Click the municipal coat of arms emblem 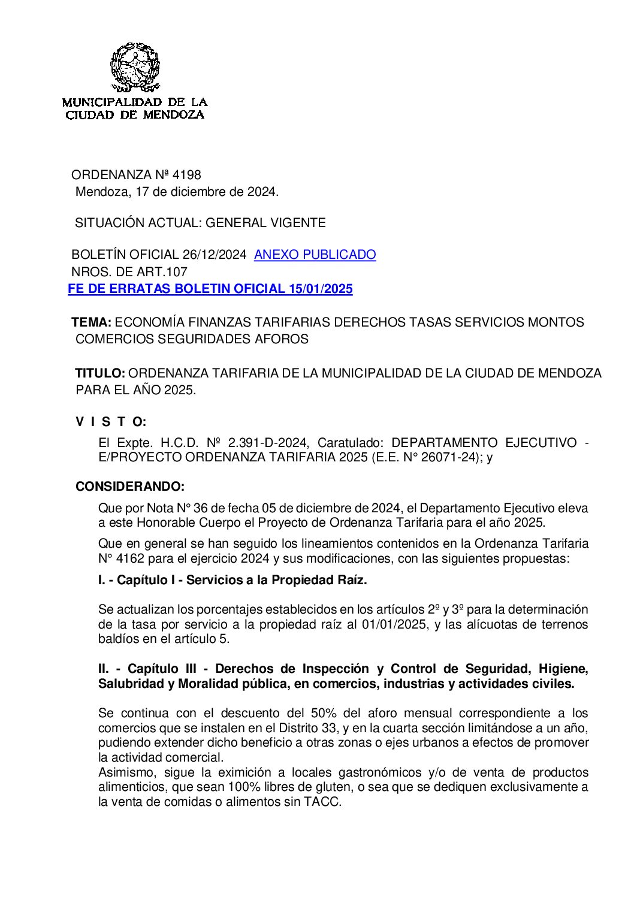click(x=135, y=67)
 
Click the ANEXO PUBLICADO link click(x=315, y=255)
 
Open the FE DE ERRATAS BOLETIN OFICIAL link click(x=210, y=289)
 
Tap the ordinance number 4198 click(x=186, y=175)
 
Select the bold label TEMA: click(x=91, y=322)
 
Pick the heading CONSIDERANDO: click(x=129, y=487)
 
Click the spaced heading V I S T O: click(x=111, y=422)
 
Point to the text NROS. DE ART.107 click(x=129, y=272)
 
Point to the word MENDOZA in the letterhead click(x=174, y=115)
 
